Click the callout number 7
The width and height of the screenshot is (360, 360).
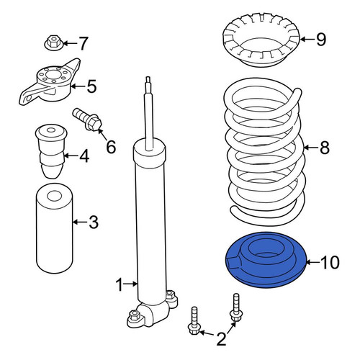[83, 43]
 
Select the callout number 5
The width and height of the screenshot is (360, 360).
[91, 86]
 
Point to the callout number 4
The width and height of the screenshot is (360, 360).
[84, 156]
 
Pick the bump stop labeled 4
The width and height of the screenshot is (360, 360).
[51, 151]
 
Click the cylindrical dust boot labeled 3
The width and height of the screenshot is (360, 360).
[54, 228]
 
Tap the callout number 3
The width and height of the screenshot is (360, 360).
[94, 222]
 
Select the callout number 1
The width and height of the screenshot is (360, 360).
[120, 284]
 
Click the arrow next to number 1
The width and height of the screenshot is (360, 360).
[131, 284]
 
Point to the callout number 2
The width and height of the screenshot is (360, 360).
[221, 339]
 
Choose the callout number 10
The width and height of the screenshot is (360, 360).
[330, 262]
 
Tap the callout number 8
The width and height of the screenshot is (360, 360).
[325, 148]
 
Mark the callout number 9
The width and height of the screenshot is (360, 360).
[321, 40]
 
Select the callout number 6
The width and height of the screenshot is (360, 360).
[111, 147]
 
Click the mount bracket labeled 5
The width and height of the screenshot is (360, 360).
[50, 83]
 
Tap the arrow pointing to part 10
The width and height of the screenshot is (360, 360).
[313, 262]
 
